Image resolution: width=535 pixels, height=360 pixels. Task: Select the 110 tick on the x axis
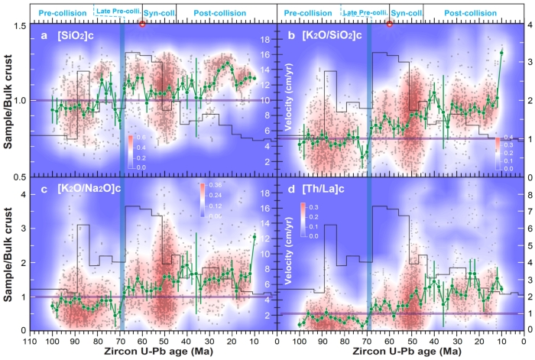click(x=29, y=343)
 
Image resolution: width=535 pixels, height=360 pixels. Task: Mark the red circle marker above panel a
click(x=142, y=24)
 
